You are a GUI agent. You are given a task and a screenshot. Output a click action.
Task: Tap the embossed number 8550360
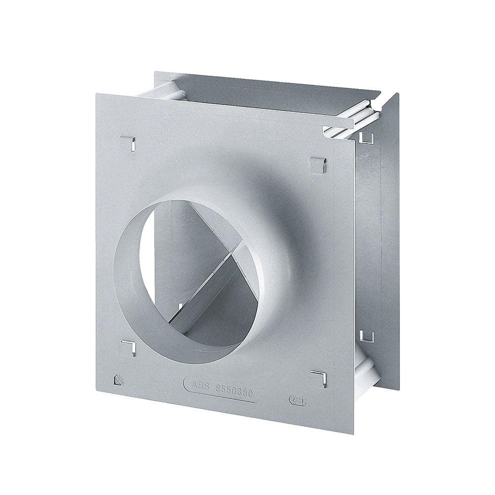click(x=235, y=391)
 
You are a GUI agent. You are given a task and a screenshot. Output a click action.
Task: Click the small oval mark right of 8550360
click(x=297, y=400)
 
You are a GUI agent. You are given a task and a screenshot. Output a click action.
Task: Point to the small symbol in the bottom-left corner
click(x=119, y=380)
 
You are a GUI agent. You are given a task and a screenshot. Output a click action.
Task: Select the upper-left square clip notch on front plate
click(x=128, y=144)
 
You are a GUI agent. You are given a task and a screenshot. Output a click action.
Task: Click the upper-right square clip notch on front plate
click(x=318, y=165)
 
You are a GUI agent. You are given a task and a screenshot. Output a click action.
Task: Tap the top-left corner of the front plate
click(x=97, y=94)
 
